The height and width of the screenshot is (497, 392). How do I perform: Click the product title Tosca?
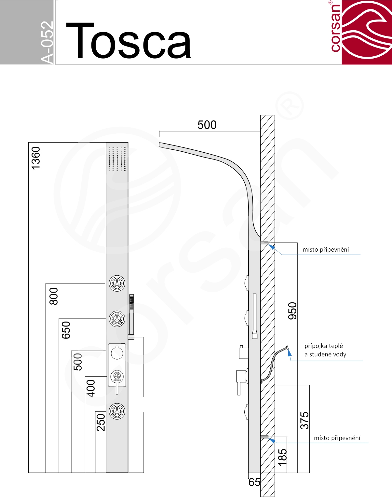(128, 41)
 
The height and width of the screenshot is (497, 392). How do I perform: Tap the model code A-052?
(47, 42)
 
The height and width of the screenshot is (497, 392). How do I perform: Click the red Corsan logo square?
(367, 32)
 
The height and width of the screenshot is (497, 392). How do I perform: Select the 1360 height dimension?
(36, 158)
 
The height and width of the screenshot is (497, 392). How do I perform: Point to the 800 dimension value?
(54, 296)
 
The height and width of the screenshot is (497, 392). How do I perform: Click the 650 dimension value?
(66, 330)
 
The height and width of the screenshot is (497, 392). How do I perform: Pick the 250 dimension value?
(101, 422)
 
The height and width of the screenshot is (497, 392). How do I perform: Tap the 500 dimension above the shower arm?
(207, 125)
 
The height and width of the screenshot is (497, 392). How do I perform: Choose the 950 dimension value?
(292, 311)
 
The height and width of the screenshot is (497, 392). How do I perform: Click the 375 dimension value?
(304, 421)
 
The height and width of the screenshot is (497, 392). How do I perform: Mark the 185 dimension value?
(282, 457)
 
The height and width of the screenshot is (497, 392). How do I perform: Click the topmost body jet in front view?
(117, 283)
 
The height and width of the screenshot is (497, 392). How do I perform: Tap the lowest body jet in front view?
(117, 411)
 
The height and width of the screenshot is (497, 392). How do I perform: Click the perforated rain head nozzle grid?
(117, 159)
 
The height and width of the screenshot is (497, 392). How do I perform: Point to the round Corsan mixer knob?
(117, 377)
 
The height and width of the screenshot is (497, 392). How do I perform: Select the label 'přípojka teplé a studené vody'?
(325, 350)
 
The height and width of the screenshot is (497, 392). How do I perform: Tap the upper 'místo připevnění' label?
(326, 249)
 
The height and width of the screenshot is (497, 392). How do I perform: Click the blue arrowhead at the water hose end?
(289, 353)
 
